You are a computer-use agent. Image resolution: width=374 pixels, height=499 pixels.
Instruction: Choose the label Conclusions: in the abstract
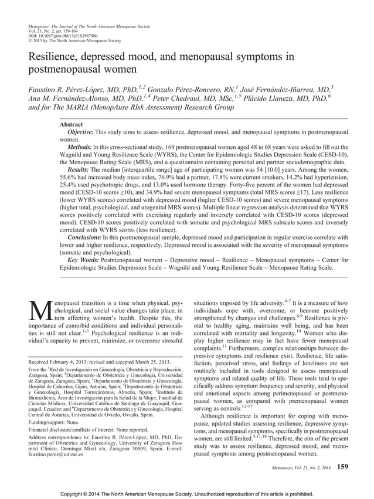point(89,238)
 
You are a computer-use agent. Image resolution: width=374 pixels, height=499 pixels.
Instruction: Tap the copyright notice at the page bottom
point(187,493)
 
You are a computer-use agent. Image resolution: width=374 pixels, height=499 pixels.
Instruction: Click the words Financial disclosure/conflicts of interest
point(76,430)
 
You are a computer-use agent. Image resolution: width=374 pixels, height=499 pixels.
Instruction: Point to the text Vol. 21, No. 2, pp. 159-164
point(55,32)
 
